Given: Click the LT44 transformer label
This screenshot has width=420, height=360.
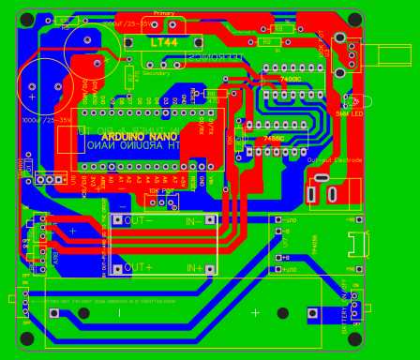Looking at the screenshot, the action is click(163, 43).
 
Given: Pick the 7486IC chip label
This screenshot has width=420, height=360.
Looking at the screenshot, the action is click(274, 138).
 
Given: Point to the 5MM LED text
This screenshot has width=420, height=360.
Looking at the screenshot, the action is click(349, 113).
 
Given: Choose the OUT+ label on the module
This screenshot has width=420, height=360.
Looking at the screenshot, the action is click(138, 267).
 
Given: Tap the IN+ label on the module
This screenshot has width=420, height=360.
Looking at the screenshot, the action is click(194, 268).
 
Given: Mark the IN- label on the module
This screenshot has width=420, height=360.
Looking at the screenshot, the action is click(194, 221).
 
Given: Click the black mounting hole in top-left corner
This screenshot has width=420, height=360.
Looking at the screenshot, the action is click(26, 20).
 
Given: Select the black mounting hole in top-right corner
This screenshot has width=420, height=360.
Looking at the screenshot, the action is click(355, 20).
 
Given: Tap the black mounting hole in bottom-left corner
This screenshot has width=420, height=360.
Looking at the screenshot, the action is click(26, 338).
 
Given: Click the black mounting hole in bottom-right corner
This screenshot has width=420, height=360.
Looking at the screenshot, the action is click(355, 338).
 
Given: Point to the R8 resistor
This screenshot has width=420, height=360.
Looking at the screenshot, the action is click(278, 29).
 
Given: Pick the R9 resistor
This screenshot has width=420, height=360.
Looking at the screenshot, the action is click(267, 42).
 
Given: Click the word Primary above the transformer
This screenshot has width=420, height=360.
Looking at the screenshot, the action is click(164, 13).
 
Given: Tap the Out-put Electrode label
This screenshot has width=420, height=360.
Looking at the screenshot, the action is click(334, 160).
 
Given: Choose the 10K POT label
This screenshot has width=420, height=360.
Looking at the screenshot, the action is click(161, 190).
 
